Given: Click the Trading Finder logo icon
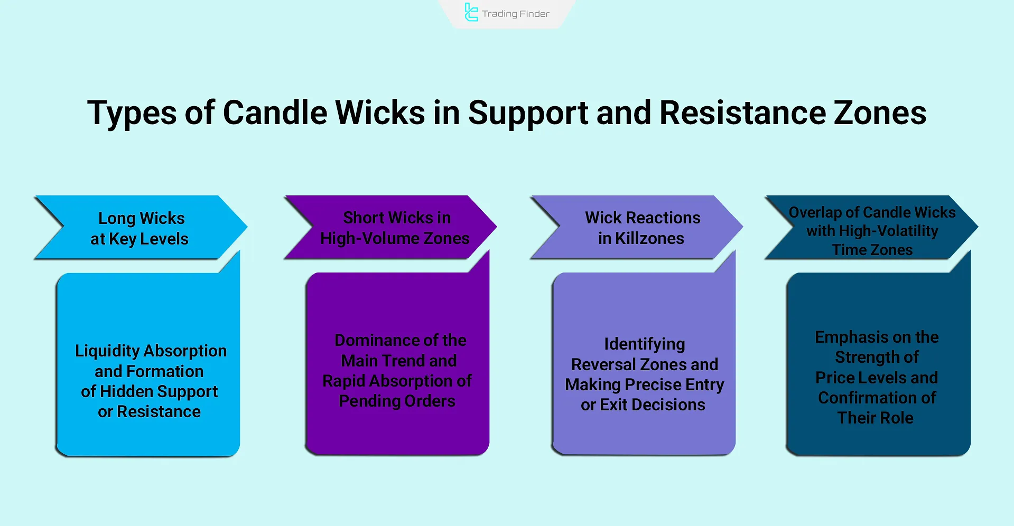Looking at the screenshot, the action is point(471,12).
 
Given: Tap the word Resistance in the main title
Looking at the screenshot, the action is point(742,112).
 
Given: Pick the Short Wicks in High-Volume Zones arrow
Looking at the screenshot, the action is point(390,228).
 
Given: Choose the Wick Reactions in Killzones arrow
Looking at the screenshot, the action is point(637,228).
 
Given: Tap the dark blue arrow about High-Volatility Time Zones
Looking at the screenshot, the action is point(872,228).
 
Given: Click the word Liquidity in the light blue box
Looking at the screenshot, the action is point(107,351).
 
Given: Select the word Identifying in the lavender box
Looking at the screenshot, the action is point(645,344).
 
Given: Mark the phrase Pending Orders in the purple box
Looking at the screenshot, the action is point(397,401).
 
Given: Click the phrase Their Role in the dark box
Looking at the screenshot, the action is point(875,418).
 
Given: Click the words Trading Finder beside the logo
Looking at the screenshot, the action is point(516,14).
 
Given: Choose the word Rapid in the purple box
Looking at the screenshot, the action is point(344,381).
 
